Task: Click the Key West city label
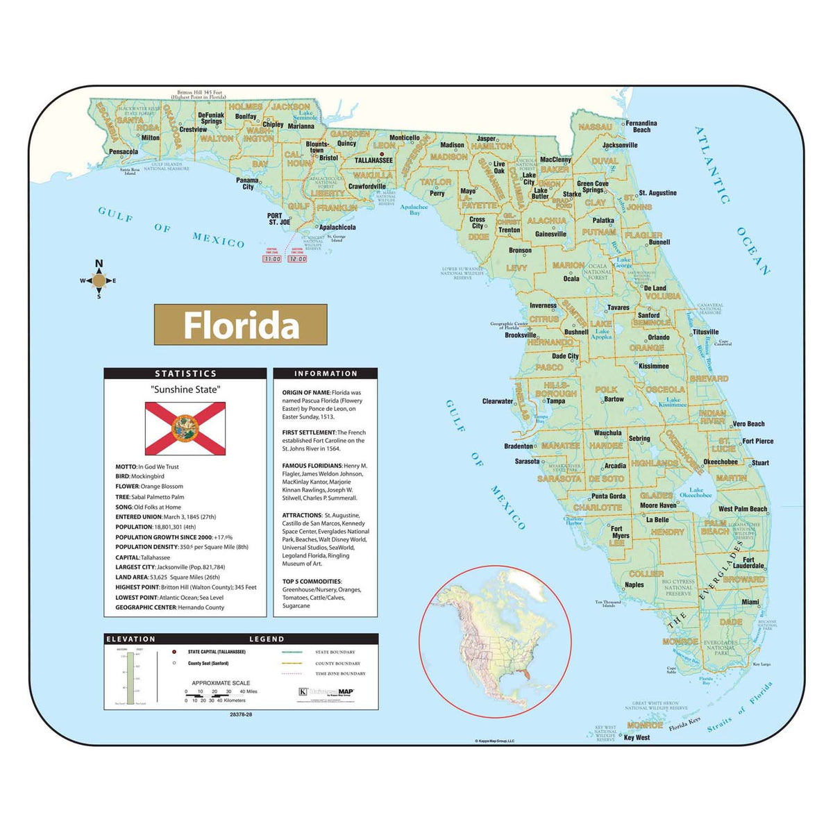coord(637,737)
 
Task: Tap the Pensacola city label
coord(124,151)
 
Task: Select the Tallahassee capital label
coord(373,160)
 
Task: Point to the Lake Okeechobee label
coord(696,493)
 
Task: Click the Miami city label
coord(750,602)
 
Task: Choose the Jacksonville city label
coord(620,145)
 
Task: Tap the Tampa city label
coord(555,401)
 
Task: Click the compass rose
coord(99,280)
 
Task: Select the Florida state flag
coord(185,428)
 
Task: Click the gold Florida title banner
coord(240,325)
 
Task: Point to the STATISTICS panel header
coord(185,373)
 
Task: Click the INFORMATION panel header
coord(326,373)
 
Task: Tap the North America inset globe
coord(495,641)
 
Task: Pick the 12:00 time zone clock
coord(298,258)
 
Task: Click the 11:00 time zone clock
coord(271,258)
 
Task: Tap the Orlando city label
coord(659,337)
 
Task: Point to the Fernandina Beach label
coord(641,126)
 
